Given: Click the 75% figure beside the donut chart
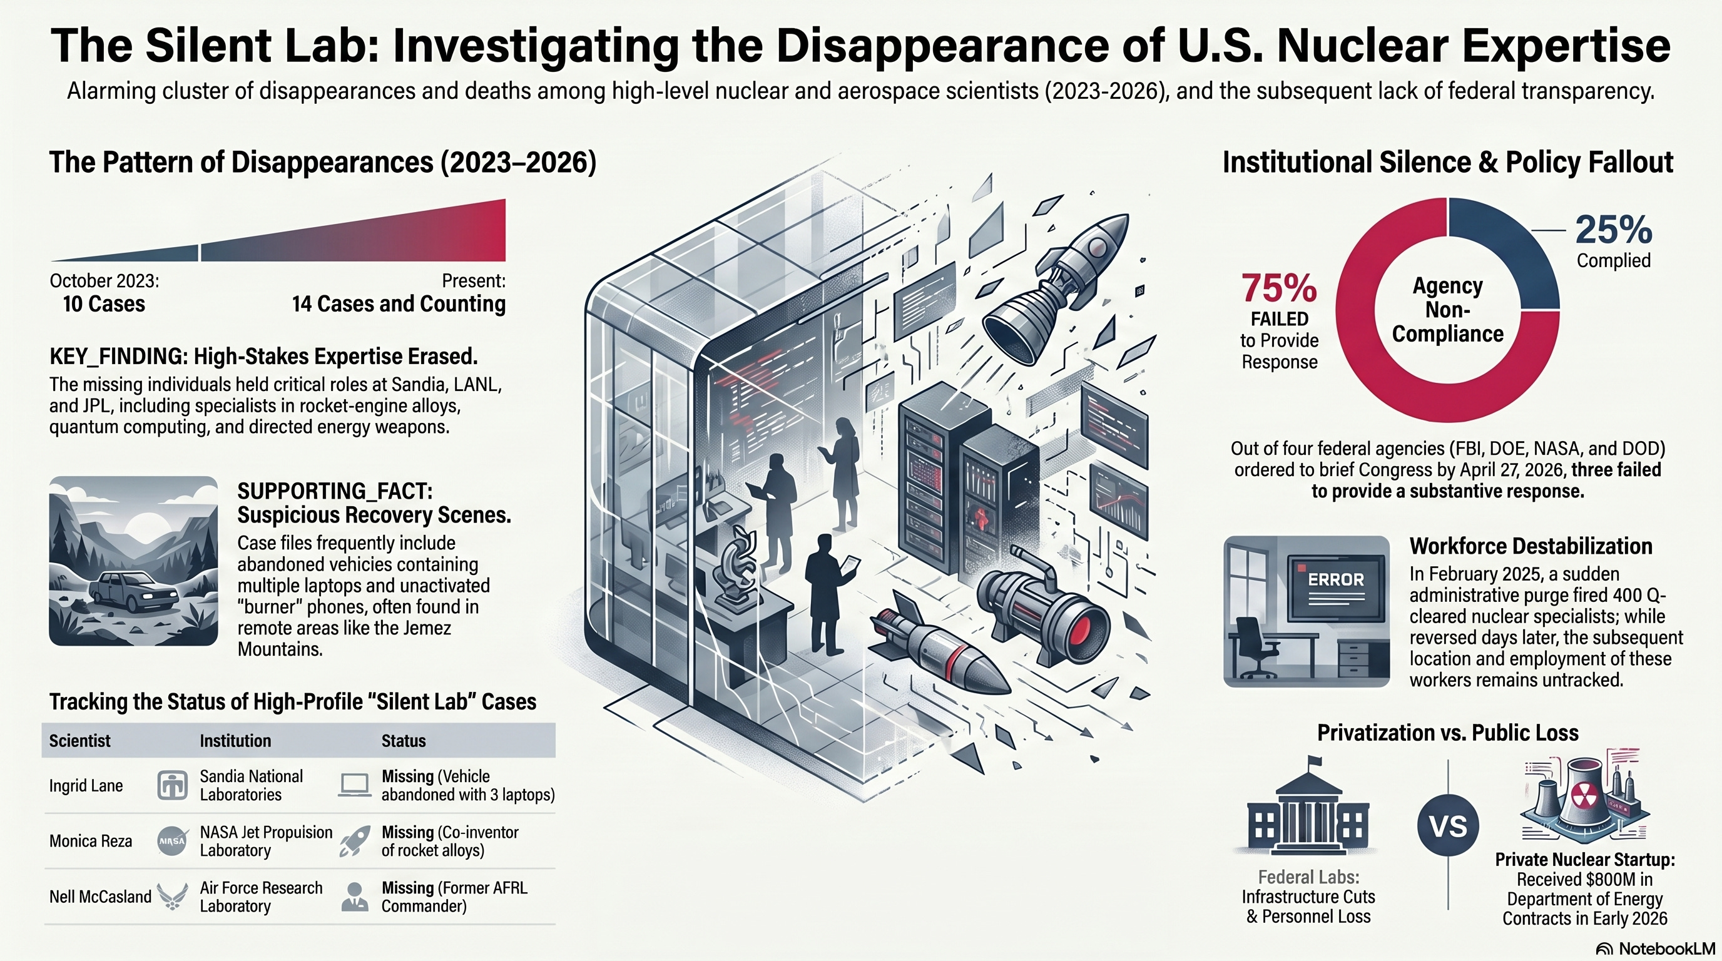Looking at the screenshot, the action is [x=1279, y=288].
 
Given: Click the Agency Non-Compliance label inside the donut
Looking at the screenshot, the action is [x=1448, y=310].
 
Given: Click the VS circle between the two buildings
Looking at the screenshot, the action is [x=1448, y=826].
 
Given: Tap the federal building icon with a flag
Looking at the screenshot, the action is [x=1308, y=805].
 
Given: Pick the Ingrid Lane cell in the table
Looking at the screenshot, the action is [x=86, y=786].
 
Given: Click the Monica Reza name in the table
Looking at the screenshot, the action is [x=91, y=841].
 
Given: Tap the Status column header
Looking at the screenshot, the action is [x=403, y=741].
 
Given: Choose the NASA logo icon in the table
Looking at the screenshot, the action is [x=172, y=841].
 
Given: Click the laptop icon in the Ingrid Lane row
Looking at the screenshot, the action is [x=354, y=785].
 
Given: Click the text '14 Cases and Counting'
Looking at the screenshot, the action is [x=399, y=304].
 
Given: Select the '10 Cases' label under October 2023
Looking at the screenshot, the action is [x=104, y=304].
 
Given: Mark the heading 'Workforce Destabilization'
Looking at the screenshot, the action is [x=1531, y=546].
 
